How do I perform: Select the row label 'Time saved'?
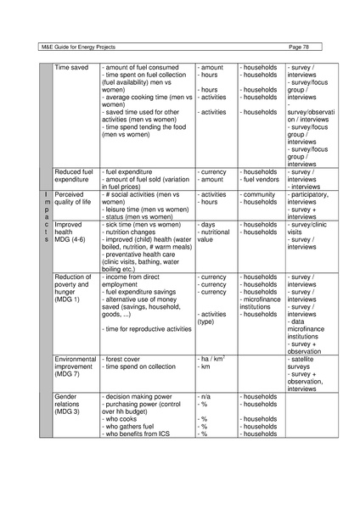71,64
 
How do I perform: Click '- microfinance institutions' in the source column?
263,303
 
